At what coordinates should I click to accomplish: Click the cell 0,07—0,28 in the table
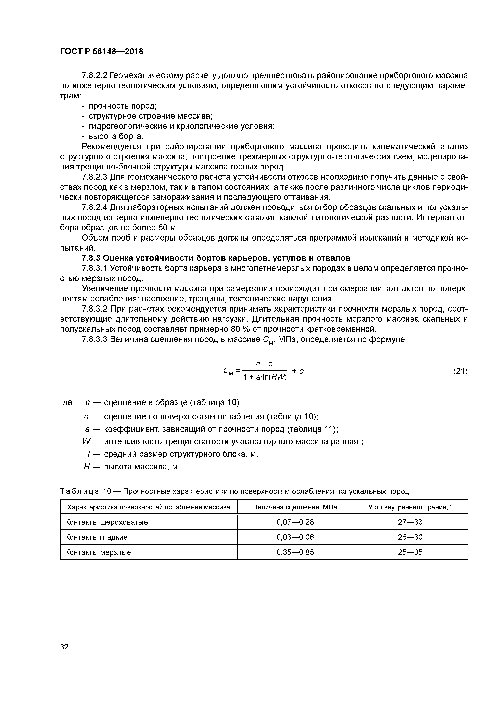point(295,522)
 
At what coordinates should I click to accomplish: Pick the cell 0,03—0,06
point(295,537)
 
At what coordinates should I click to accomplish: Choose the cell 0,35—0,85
point(295,552)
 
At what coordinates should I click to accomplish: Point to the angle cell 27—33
point(410,522)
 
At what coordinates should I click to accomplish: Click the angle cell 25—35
point(410,552)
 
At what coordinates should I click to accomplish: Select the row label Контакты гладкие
point(96,537)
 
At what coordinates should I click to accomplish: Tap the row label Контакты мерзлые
point(98,552)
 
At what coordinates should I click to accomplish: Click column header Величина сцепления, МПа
point(295,507)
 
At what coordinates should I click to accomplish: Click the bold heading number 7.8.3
point(91,258)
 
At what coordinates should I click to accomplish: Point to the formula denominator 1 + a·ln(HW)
point(265,377)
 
